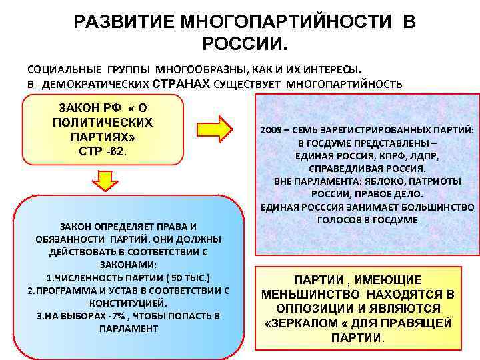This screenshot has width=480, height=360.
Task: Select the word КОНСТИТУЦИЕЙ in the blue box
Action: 129,303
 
